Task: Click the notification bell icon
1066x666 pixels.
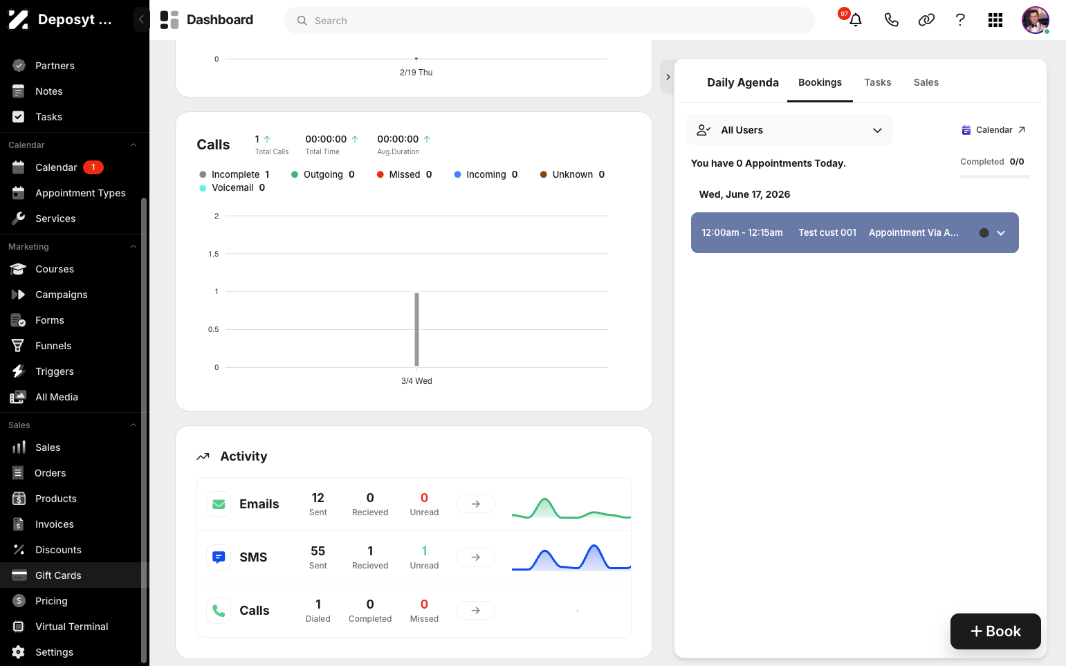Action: tap(856, 20)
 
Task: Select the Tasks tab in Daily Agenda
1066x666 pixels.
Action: tap(878, 82)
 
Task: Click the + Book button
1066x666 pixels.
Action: tap(995, 631)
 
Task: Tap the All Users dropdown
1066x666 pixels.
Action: tap(789, 130)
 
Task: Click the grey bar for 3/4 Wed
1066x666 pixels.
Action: tap(416, 329)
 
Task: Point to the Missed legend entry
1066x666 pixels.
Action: tap(404, 174)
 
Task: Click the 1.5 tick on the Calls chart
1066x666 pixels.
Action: tap(213, 254)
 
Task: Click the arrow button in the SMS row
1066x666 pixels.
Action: tap(475, 557)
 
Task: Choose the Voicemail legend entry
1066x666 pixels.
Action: tap(232, 188)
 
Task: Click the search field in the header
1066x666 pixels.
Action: tap(550, 21)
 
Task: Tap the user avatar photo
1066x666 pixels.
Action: tap(1035, 20)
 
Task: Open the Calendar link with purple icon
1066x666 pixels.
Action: tap(993, 130)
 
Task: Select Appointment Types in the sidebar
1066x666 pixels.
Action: tap(80, 193)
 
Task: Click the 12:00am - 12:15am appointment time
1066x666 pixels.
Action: tap(742, 232)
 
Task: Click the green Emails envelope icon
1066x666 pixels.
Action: tap(219, 503)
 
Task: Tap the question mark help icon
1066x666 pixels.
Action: tap(960, 20)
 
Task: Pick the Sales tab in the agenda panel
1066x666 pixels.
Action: tap(926, 82)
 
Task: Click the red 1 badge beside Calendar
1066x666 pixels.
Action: tap(93, 167)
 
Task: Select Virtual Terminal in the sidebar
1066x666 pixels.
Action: tap(71, 627)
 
